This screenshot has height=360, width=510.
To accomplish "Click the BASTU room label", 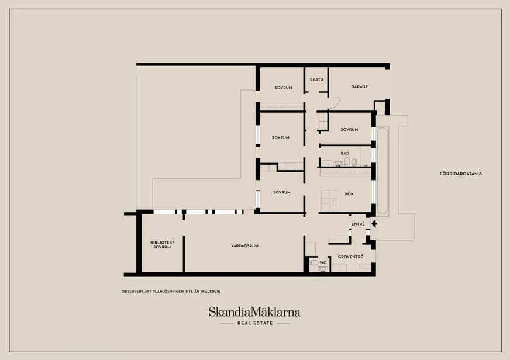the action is pyautogui.click(x=316, y=79).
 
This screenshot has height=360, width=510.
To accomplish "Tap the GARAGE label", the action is pyautogui.click(x=360, y=86).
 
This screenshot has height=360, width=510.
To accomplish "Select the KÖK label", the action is pyautogui.click(x=349, y=193).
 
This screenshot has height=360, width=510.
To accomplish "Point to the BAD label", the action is pyautogui.click(x=345, y=153).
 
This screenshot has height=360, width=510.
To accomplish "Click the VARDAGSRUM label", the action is pyautogui.click(x=244, y=246).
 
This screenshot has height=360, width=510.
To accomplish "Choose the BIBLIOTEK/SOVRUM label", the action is pyautogui.click(x=162, y=245).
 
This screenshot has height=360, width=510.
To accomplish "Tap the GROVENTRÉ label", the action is pyautogui.click(x=350, y=257).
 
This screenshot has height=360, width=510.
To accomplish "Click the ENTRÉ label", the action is pyautogui.click(x=358, y=224).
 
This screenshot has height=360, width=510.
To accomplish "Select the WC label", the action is pyautogui.click(x=323, y=262).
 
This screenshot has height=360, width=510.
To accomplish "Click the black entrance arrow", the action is pyautogui.click(x=374, y=223).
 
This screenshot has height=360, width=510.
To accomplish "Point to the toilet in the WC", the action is pyautogui.click(x=314, y=262).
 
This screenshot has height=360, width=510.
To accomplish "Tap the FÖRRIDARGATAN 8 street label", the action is pyautogui.click(x=460, y=174).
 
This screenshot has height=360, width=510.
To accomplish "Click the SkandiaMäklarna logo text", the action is pyautogui.click(x=254, y=312).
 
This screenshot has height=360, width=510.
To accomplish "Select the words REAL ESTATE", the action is pyautogui.click(x=255, y=323).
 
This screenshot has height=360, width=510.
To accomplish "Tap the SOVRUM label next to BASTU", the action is pyautogui.click(x=283, y=88).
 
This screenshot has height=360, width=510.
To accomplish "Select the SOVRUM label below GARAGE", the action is pyautogui.click(x=349, y=129).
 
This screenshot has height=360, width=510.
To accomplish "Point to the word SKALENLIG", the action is pyautogui.click(x=213, y=292).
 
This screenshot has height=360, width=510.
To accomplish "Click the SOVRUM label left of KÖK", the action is pyautogui.click(x=282, y=192).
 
